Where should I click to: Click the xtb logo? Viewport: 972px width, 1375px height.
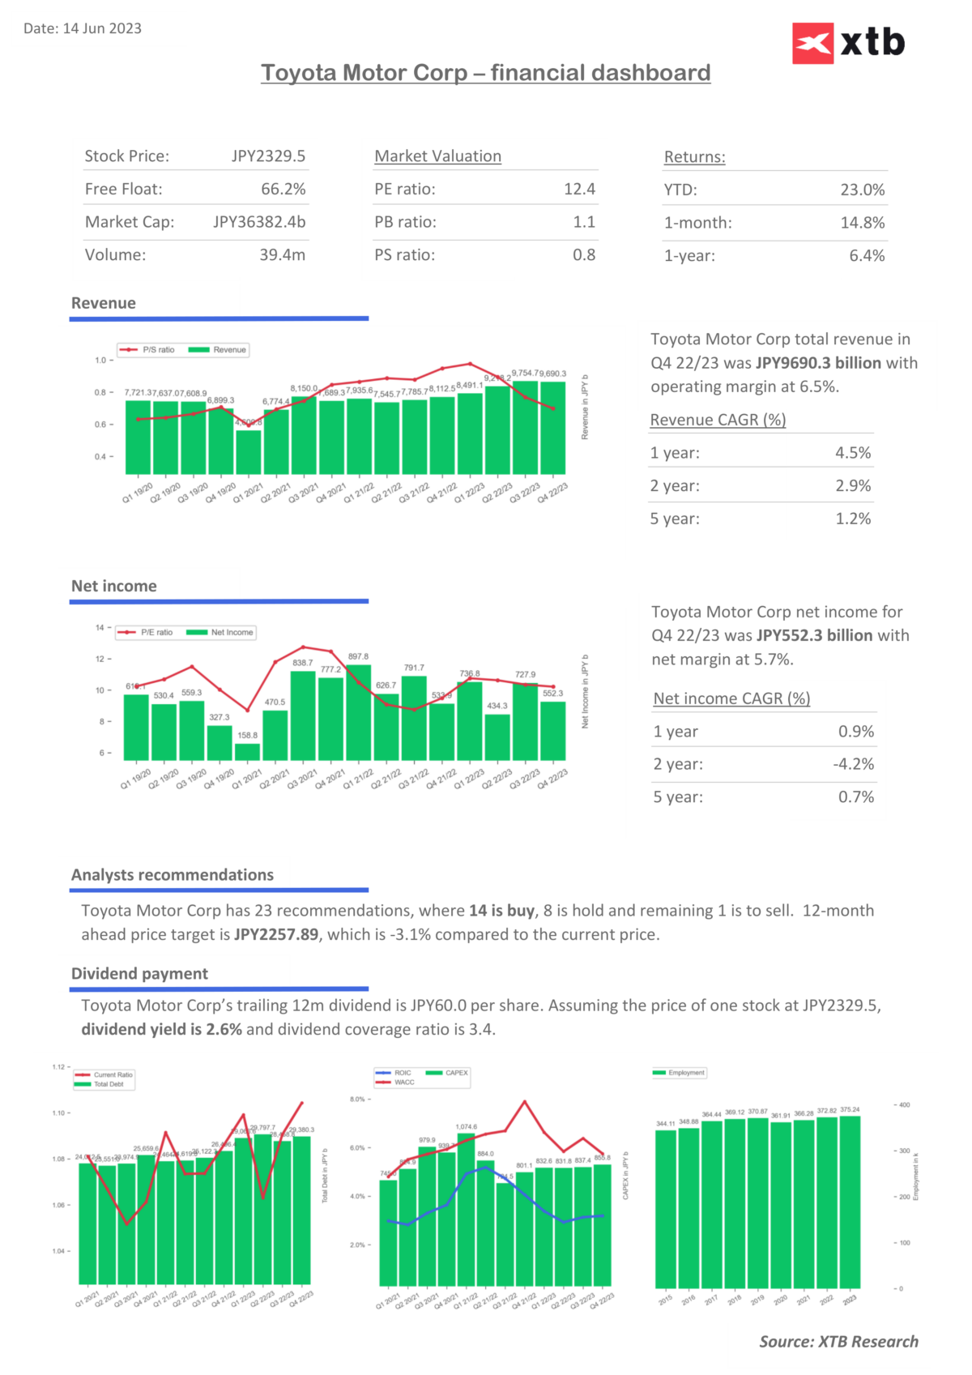[848, 43]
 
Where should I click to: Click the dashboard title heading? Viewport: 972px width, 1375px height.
[485, 73]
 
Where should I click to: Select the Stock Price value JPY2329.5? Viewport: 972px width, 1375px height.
[268, 156]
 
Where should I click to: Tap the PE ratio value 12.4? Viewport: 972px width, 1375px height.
[579, 190]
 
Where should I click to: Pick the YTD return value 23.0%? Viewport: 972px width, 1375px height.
[862, 190]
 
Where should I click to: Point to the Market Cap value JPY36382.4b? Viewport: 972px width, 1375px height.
[259, 222]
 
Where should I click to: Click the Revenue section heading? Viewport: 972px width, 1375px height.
[104, 303]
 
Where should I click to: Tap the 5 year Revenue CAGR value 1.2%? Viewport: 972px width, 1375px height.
[853, 519]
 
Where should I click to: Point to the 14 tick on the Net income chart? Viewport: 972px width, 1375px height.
[100, 628]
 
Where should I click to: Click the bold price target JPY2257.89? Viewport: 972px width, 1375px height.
[276, 935]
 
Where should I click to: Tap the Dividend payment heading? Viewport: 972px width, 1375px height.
[139, 974]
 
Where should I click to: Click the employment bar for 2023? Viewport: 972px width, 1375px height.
[850, 1202]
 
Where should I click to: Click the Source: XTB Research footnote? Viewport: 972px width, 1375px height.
[838, 1342]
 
